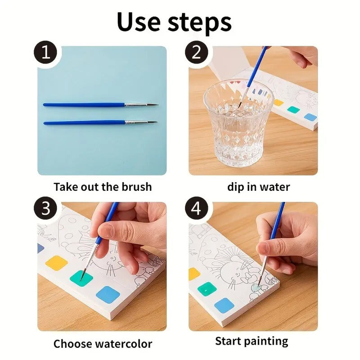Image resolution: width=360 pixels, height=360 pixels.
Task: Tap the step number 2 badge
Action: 197,54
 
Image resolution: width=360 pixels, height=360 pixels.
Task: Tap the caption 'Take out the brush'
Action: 103,187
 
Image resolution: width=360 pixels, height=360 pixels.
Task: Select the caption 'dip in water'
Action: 258,187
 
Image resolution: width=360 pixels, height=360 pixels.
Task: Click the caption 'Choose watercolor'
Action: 103,344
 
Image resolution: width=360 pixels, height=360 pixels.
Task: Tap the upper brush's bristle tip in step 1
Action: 153,105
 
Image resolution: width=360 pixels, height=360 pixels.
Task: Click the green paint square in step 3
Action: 81,278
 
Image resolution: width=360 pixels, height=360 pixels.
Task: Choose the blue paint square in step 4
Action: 224,306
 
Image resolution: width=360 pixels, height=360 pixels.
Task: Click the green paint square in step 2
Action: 294,109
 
